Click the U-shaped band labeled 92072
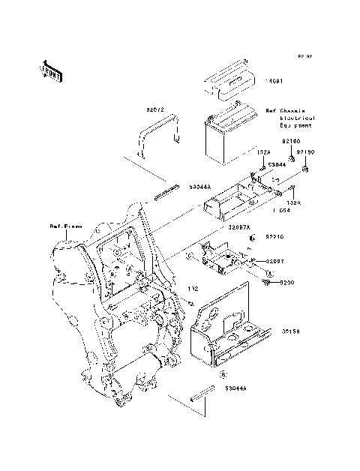[x=157, y=135]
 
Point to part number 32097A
[x=240, y=225]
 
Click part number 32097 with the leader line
[x=278, y=260]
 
